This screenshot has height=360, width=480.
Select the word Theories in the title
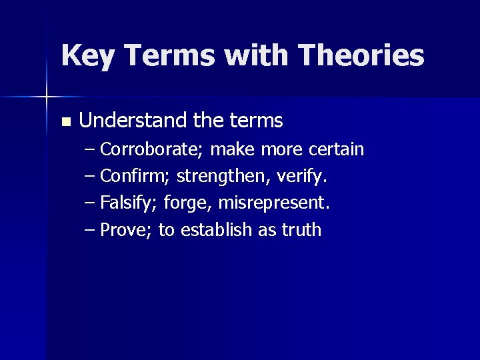[x=361, y=56]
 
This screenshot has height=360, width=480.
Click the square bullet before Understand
[x=65, y=122]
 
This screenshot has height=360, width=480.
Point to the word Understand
[x=133, y=121]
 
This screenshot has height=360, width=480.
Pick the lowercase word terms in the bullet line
[x=257, y=121]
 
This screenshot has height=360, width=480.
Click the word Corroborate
[x=152, y=149]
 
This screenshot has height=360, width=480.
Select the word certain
[x=337, y=149]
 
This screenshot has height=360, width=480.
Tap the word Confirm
[x=135, y=176]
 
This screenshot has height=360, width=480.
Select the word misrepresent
[x=273, y=203]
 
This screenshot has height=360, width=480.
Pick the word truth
[x=301, y=230]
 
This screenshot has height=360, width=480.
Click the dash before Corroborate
[x=91, y=149]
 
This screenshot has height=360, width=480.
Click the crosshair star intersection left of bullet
[x=47, y=97]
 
